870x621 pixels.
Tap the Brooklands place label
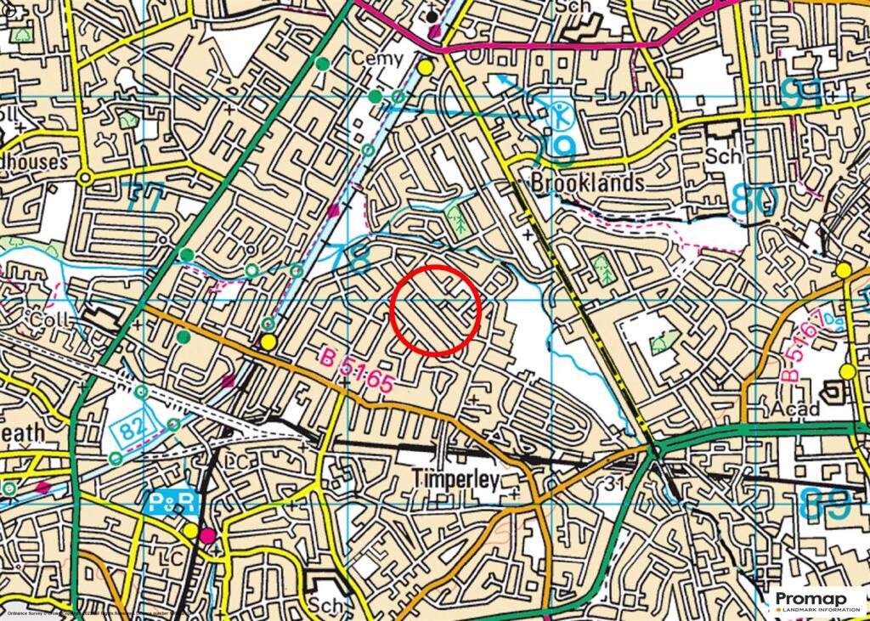587,183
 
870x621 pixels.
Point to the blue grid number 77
145,200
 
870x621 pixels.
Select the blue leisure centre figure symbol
559,114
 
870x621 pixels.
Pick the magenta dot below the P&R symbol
206,534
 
